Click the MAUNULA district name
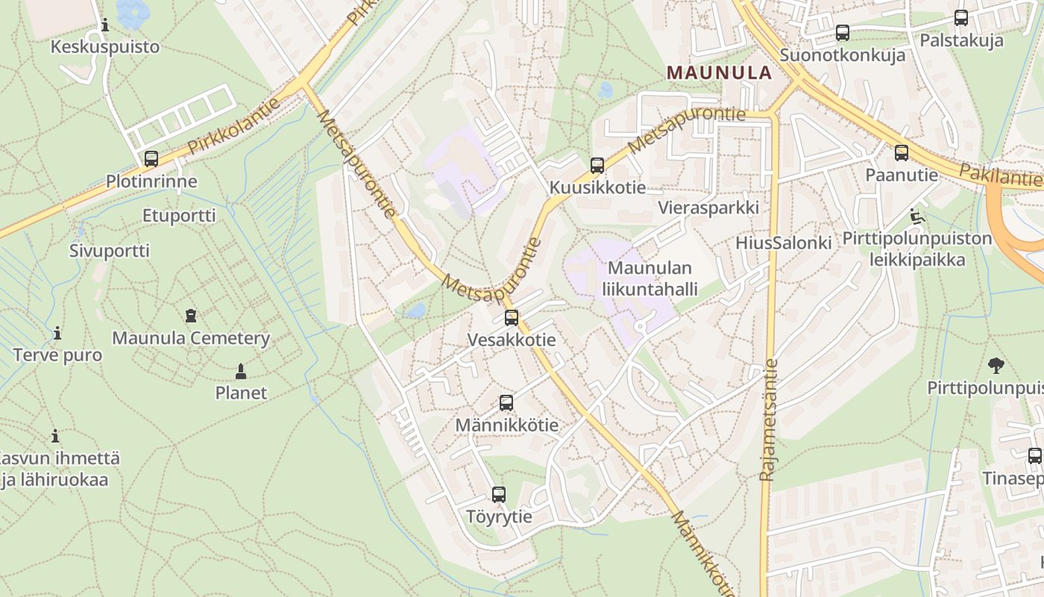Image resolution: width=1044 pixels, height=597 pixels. tap(719, 72)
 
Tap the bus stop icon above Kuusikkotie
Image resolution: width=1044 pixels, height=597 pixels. tap(597, 166)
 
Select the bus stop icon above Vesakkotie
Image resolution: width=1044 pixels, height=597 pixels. tap(512, 318)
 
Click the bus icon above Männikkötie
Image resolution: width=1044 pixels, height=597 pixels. tap(506, 403)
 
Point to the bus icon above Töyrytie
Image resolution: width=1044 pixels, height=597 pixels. tap(499, 494)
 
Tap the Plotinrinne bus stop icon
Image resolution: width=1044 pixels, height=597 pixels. tap(151, 159)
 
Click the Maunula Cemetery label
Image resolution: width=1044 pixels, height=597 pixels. tap(191, 338)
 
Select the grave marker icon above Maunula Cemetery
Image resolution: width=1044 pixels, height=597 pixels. tap(191, 315)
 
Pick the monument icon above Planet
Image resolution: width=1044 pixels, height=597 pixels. tap(240, 370)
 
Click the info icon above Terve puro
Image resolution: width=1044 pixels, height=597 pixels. tap(57, 333)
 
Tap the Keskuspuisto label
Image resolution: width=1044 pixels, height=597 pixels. tap(104, 47)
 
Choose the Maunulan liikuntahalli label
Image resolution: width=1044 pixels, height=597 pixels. tap(650, 278)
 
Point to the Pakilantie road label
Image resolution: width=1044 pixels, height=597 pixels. tap(999, 176)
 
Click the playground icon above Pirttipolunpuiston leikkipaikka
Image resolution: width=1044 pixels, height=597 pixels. tap(916, 217)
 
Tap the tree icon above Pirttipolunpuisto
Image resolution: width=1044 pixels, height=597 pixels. tap(996, 366)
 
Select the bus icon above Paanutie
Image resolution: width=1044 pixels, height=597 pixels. tap(902, 153)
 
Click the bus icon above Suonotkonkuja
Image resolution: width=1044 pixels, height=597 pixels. tap(843, 33)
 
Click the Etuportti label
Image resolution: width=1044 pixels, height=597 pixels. tap(179, 216)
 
